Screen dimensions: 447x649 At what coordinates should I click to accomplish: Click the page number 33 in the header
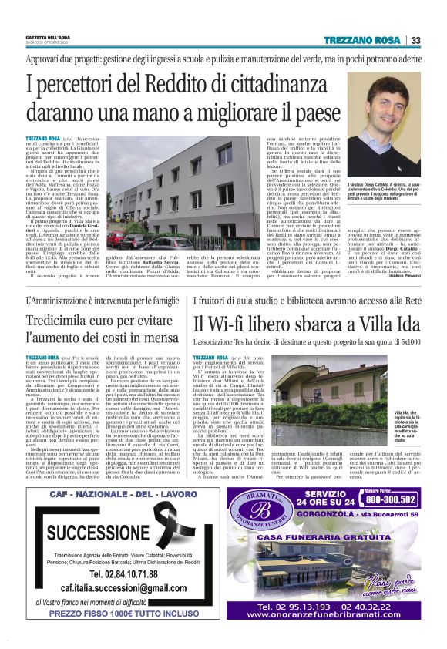point(415,40)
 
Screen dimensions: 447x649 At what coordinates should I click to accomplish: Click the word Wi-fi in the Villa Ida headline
point(233,323)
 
